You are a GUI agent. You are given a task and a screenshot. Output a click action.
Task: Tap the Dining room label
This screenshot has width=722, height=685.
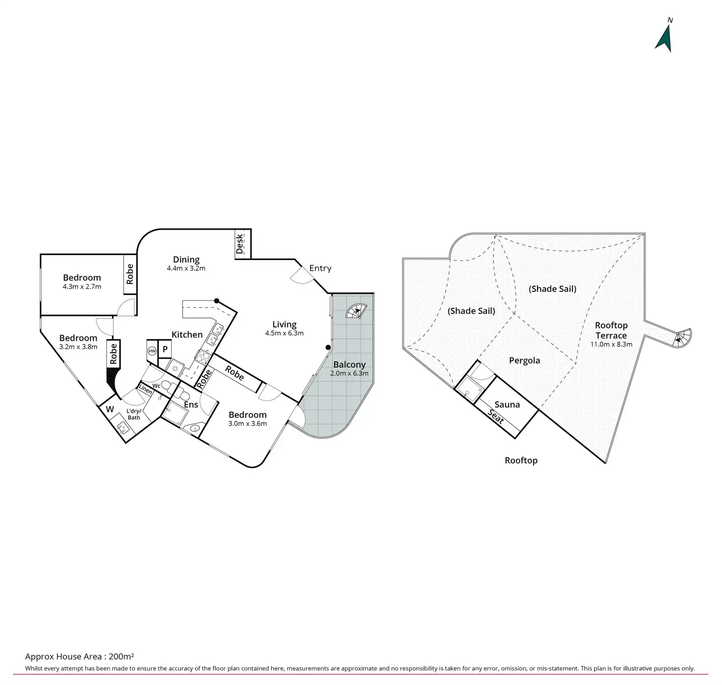186,260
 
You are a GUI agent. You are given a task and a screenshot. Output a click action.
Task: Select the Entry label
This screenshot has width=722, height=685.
320,268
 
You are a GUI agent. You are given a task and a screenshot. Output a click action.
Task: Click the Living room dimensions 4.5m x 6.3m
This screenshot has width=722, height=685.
284,333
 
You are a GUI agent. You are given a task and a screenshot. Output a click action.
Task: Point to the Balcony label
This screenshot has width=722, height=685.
349,365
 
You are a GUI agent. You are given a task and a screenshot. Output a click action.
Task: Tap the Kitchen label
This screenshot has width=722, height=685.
187,335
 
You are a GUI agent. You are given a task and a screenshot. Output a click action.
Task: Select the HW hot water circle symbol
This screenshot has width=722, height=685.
152,351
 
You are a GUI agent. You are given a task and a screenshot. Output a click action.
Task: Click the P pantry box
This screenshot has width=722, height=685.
165,349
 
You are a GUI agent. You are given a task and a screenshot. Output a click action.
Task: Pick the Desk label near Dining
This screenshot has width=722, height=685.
239,244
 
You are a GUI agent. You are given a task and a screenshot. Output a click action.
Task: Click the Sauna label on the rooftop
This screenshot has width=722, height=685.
507,404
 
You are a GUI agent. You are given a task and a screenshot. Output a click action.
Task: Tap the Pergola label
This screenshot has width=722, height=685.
524,360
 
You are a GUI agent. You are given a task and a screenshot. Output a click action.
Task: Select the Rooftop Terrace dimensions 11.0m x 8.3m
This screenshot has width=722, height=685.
611,344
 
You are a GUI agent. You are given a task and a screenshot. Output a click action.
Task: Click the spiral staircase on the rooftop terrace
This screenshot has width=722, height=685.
681,338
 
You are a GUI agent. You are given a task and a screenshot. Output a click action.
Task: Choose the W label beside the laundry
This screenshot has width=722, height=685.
110,409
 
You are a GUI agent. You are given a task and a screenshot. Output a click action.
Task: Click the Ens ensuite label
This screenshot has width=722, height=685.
191,405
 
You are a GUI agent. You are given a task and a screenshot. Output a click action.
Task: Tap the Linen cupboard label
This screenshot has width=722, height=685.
146,389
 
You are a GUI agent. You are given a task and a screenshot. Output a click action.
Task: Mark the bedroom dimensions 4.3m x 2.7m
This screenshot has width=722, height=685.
82,287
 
